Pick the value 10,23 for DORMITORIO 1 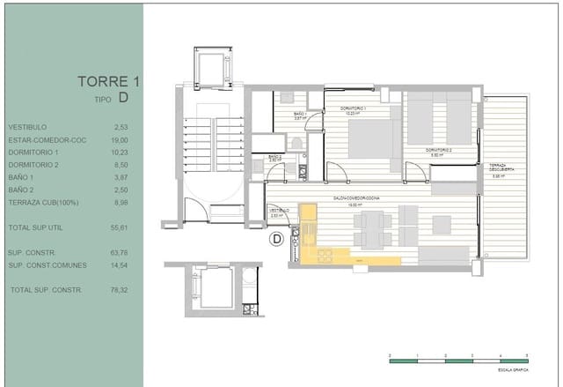point(119,152)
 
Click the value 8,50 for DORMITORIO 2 point(121,164)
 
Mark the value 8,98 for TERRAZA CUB point(121,202)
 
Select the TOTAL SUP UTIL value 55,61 point(119,227)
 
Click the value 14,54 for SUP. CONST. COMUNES point(119,264)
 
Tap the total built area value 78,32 point(119,290)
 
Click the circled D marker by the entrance point(275,238)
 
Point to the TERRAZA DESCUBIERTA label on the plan point(501,169)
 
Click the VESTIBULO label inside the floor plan point(278,211)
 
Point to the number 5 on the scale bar point(527,354)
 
